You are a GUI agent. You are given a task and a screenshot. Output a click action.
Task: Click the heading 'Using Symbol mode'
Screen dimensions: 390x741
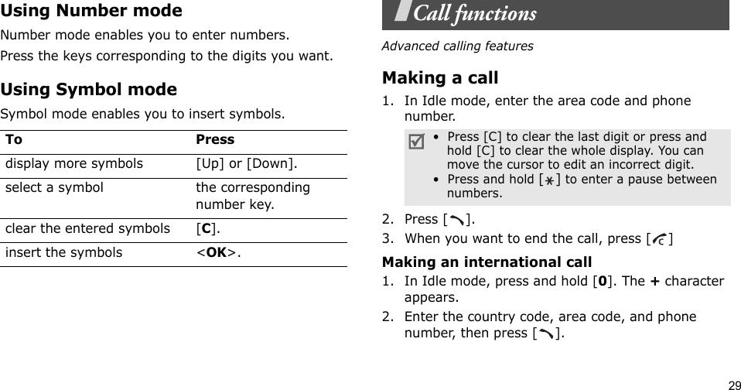[x=88, y=90]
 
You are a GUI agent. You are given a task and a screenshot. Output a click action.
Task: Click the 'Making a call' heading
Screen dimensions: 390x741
[x=441, y=78]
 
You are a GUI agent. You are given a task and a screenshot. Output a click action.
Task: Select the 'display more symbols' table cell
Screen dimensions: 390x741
[x=74, y=164]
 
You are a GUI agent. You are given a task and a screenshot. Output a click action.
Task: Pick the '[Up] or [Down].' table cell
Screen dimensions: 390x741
[x=248, y=164]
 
